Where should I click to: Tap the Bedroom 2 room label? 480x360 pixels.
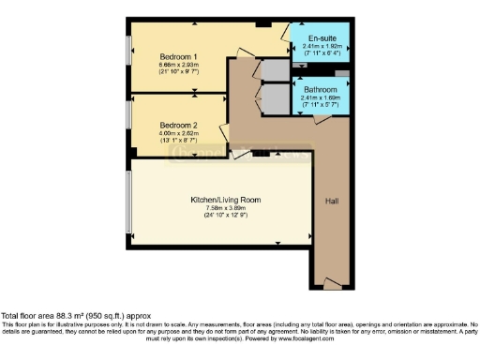178,125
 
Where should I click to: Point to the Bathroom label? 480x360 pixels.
321,90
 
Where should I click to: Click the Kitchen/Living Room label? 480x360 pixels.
226,200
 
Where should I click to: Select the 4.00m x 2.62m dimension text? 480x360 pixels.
178,132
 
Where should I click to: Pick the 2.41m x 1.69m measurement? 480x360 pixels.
321,97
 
